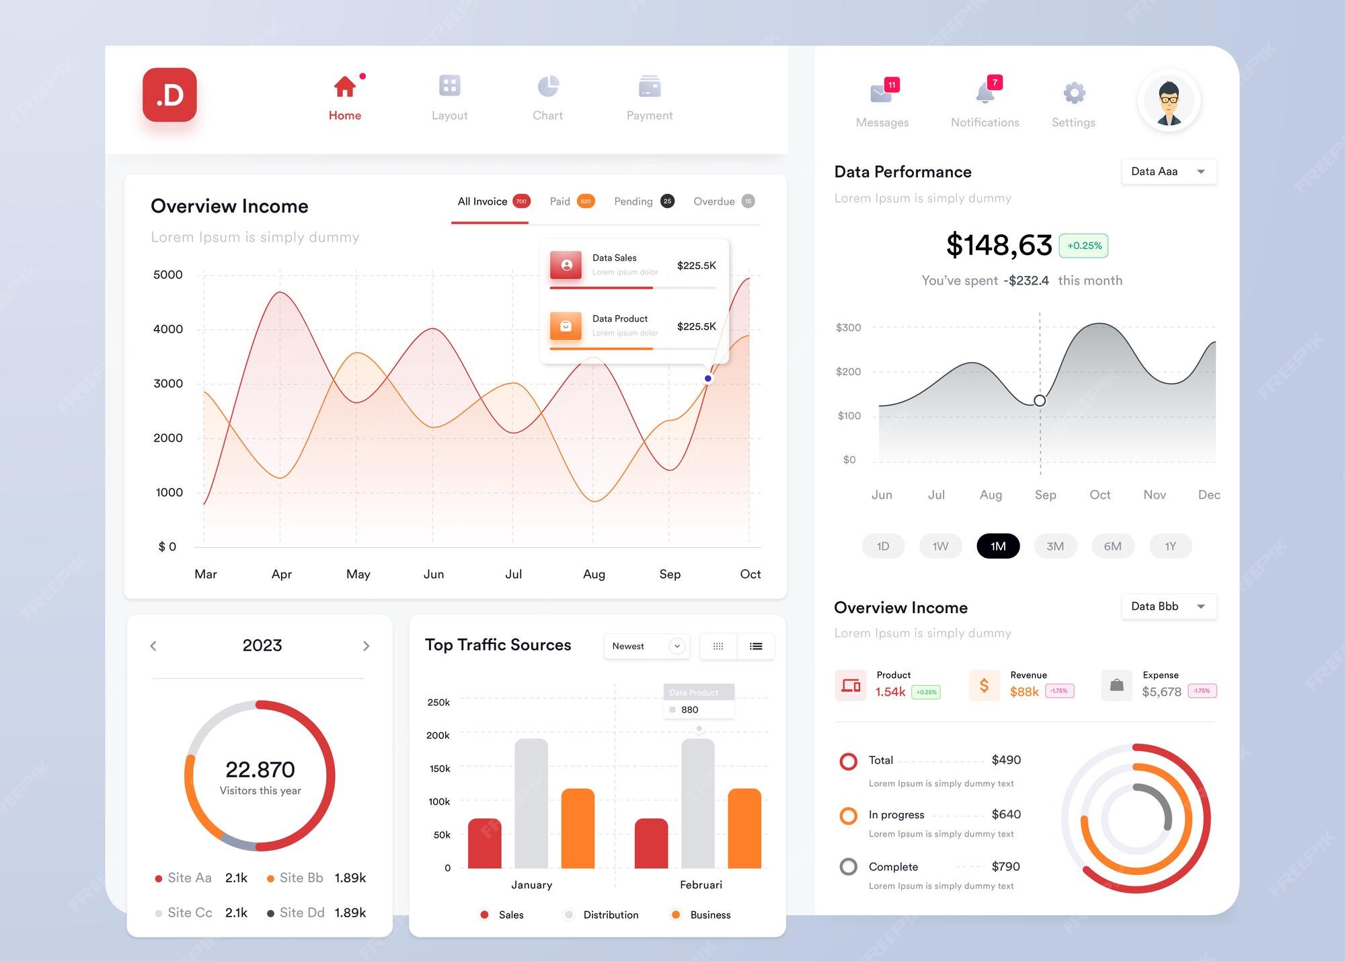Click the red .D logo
[169, 95]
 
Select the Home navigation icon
[345, 87]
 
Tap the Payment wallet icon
[650, 86]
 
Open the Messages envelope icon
[880, 94]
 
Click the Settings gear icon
[1074, 93]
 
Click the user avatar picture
[1169, 100]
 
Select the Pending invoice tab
[633, 201]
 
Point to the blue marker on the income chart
[707, 378]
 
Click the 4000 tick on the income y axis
[168, 329]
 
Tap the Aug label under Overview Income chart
[594, 574]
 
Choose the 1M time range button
[998, 546]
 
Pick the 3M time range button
[1055, 546]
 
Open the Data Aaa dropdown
[1168, 172]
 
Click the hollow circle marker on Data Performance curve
[1040, 400]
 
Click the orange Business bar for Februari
[744, 828]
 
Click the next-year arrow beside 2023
[366, 646]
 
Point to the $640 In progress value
[1006, 814]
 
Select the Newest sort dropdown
[646, 646]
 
